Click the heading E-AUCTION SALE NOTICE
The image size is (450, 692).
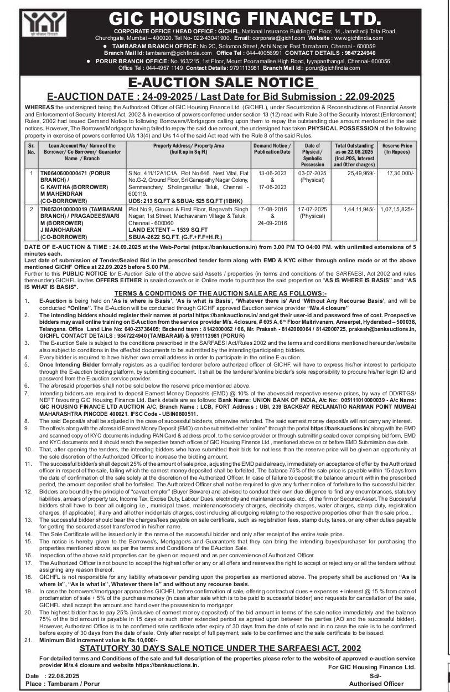pos(224,83)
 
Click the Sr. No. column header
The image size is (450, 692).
pos(32,149)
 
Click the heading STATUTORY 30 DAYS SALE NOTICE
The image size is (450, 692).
pos(221,647)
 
